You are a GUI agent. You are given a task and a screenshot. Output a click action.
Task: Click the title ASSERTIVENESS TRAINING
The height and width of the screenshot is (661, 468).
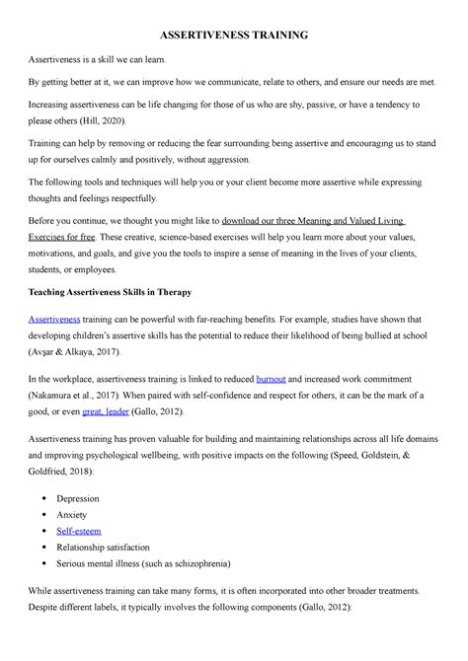coord(234,35)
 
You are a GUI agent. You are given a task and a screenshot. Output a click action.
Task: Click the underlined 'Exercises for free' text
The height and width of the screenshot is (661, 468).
coord(66,238)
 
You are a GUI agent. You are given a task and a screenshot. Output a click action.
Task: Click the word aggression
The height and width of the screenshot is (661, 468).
coord(228,159)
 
